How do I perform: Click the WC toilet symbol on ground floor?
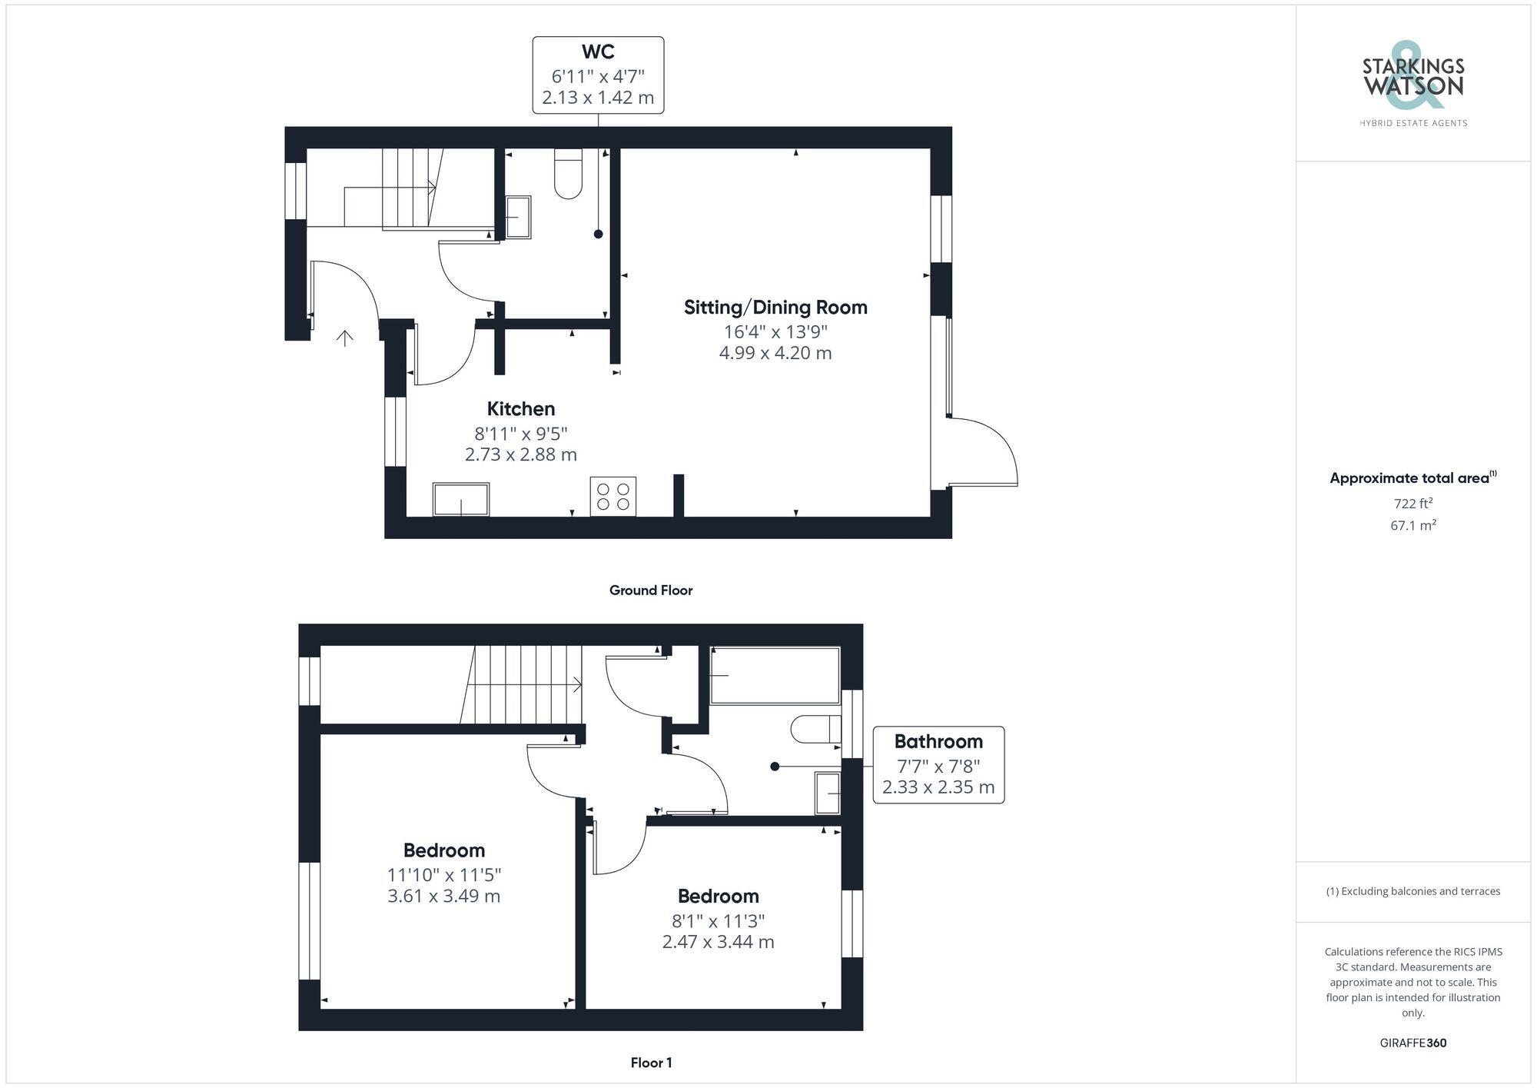point(568,175)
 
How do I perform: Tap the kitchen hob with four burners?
point(612,497)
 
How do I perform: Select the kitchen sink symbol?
point(461,499)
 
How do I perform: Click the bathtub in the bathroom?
point(775,675)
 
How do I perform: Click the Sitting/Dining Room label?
point(775,308)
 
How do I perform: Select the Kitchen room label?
point(520,409)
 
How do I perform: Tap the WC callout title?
point(598,52)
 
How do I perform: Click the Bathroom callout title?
point(938,742)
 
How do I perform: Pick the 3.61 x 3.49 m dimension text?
point(443,897)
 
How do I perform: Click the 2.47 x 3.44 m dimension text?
point(718,942)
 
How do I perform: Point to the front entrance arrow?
point(345,338)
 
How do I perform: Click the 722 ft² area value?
point(1413,504)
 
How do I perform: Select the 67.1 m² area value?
point(1413,526)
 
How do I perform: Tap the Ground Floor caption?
point(651,591)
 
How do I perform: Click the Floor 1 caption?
point(651,1063)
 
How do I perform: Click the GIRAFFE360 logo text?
point(1413,1043)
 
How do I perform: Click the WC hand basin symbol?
point(518,217)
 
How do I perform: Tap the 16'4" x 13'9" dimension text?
point(775,332)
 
